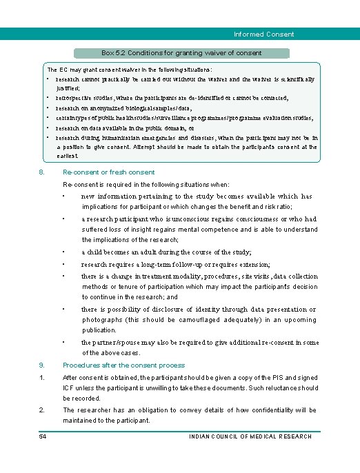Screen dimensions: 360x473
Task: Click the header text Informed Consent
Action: [263, 34]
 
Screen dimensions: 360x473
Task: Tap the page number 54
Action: [43, 436]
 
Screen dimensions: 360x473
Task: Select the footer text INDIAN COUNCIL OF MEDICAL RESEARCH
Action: [250, 436]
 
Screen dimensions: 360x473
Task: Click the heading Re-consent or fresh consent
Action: [108, 172]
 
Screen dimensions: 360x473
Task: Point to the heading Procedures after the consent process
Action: [123, 365]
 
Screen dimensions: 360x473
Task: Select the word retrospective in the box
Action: [74, 99]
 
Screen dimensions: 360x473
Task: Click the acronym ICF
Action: [70, 388]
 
